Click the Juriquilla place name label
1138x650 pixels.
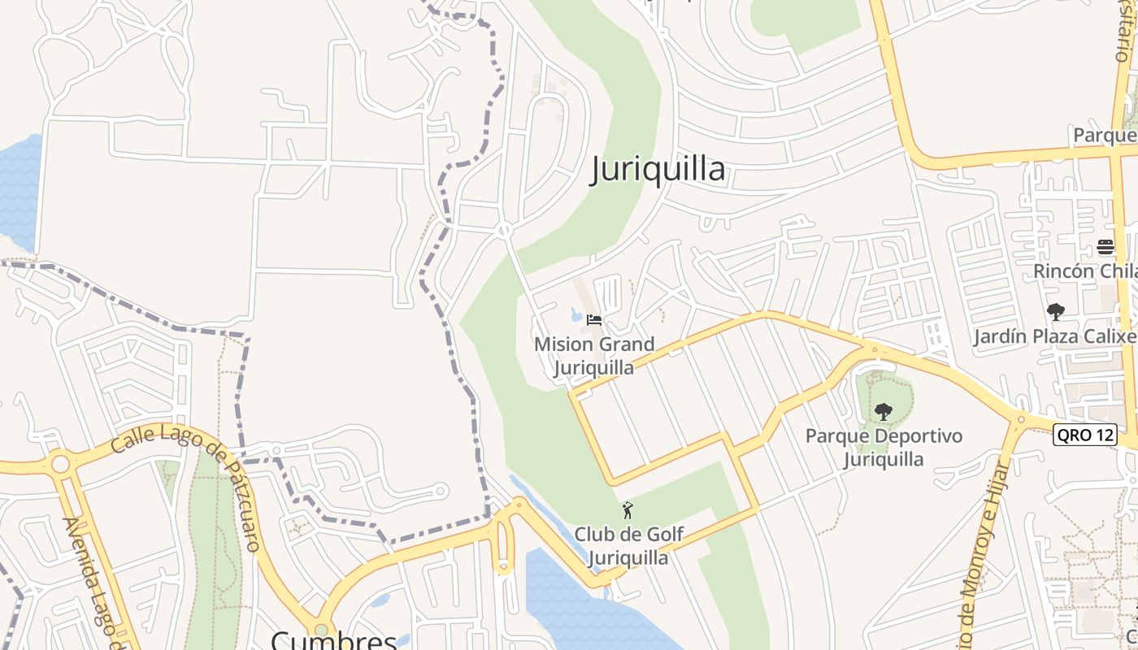(x=658, y=169)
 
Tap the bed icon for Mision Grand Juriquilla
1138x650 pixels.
(x=594, y=320)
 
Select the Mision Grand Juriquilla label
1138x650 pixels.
(x=594, y=356)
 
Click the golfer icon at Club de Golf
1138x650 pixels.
(x=628, y=511)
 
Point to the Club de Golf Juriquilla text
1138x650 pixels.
(x=628, y=546)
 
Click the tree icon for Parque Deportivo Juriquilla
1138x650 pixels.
(x=884, y=412)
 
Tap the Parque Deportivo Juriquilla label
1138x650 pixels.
(x=884, y=448)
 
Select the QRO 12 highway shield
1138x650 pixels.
(x=1084, y=435)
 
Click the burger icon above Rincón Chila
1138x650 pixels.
(x=1105, y=246)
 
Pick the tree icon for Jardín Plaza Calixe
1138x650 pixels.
(x=1056, y=312)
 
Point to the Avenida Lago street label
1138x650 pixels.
(x=96, y=581)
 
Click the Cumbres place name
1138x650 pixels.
(x=333, y=639)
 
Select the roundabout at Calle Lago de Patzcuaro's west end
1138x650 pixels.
(x=60, y=465)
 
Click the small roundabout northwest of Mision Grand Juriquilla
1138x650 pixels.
(x=504, y=231)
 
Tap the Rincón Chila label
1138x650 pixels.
(x=1085, y=271)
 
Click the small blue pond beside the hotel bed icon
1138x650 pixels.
(x=576, y=315)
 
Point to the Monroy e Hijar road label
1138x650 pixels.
(x=981, y=552)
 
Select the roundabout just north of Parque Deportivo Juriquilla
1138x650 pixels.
(x=875, y=351)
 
